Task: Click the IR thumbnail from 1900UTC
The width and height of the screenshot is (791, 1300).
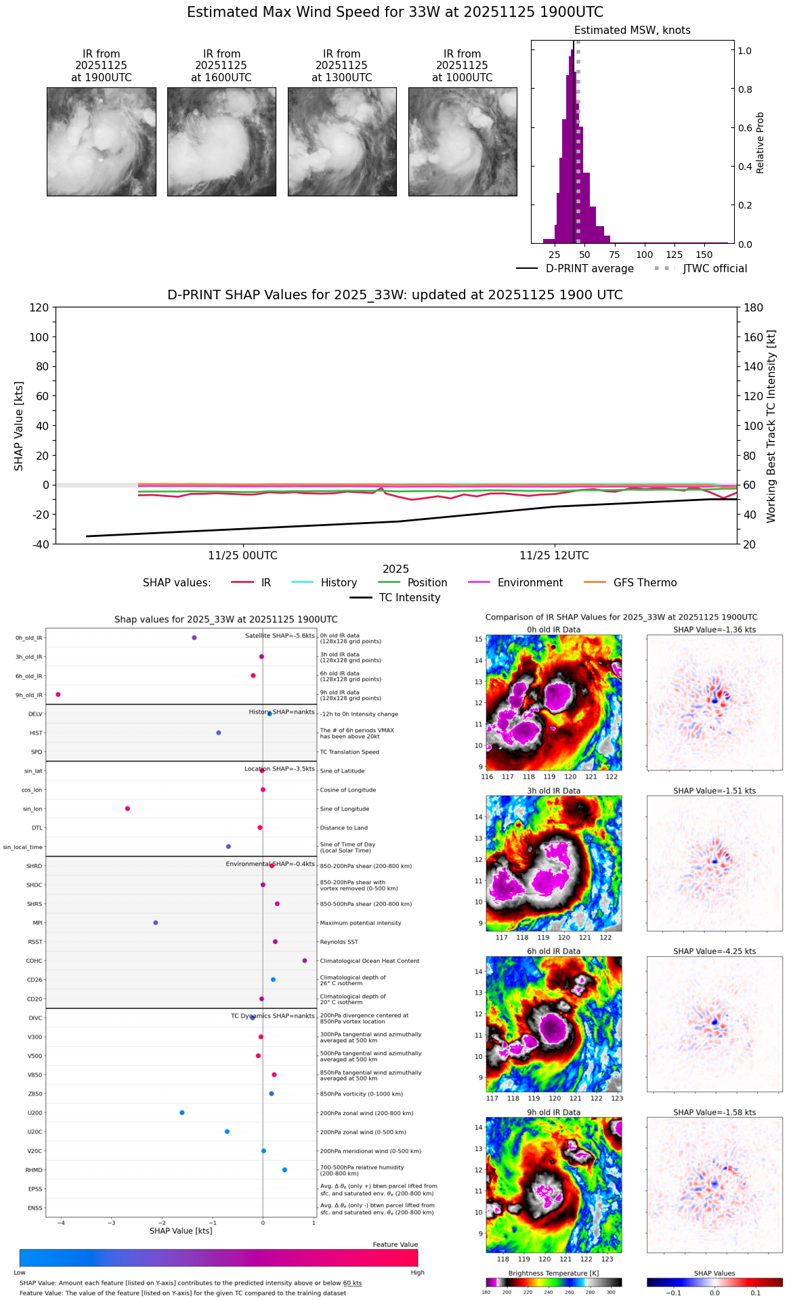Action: point(101,142)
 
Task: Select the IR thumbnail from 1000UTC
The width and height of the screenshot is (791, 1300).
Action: point(463,142)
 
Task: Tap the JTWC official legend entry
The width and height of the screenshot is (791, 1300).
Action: point(714,269)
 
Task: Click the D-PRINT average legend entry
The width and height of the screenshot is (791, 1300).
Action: point(589,269)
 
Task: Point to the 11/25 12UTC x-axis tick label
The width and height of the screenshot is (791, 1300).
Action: point(554,556)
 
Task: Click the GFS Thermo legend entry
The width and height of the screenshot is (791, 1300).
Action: point(645,583)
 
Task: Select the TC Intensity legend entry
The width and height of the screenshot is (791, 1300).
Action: point(409,598)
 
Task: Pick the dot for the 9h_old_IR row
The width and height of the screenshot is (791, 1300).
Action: point(58,695)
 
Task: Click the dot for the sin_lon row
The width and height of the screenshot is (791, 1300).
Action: point(127,808)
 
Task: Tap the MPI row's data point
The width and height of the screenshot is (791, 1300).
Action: point(156,923)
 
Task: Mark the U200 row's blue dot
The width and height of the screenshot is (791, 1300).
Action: point(182,1112)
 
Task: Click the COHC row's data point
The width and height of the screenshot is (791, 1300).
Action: point(305,961)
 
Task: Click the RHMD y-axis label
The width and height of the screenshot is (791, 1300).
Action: point(34,1170)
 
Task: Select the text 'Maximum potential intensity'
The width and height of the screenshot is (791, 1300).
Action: point(360,923)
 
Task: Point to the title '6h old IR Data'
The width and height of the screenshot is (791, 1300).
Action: point(553,951)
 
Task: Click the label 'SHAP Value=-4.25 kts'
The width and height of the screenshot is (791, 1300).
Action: point(714,951)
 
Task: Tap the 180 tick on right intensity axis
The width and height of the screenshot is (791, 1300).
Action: point(754,308)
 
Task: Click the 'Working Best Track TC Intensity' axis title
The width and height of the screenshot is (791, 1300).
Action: point(771,427)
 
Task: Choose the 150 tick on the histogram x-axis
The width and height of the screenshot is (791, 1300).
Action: point(704,255)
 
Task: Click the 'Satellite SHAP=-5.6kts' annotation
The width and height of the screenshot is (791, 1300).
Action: point(280,636)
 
